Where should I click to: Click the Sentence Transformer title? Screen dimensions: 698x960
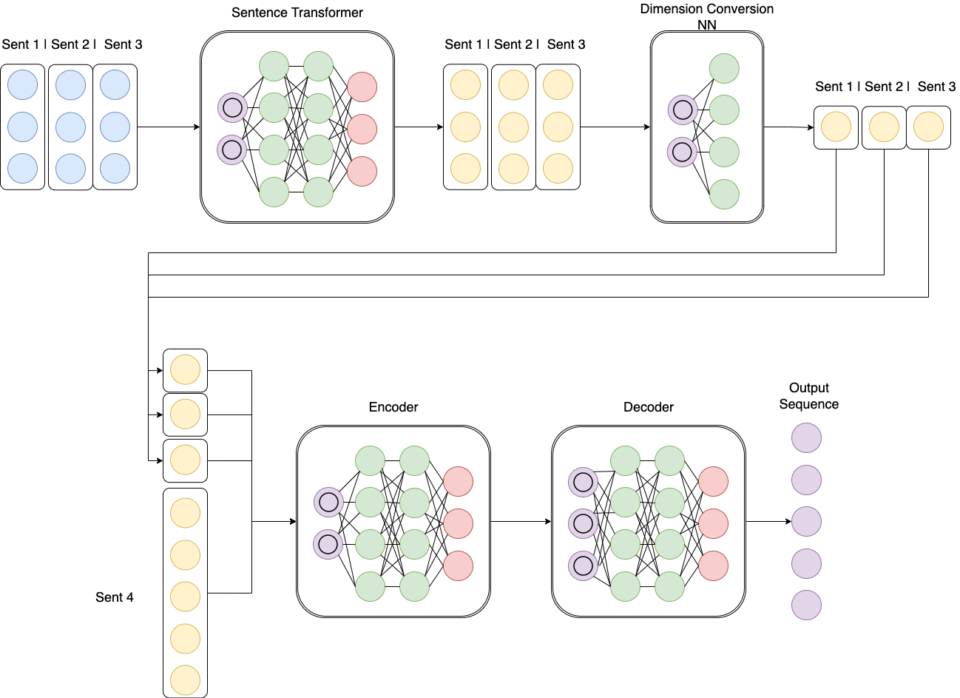tap(297, 13)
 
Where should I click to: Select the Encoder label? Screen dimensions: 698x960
tap(393, 407)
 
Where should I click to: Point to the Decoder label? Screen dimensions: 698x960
tap(649, 407)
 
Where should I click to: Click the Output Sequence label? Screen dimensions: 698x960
tap(809, 396)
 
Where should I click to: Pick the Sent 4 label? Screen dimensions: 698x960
tap(115, 597)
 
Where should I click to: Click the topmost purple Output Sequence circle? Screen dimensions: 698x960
tap(806, 438)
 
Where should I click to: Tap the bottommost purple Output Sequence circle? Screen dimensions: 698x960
tap(806, 605)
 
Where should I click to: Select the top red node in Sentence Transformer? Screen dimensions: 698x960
tap(362, 87)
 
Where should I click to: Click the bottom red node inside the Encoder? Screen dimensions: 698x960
tap(459, 566)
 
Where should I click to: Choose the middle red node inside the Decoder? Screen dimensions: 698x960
tap(714, 523)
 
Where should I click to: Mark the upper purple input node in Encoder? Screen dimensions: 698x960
tap(328, 503)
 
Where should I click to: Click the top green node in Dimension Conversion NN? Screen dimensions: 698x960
tap(724, 68)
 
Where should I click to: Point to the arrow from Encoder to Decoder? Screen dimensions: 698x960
tap(521, 522)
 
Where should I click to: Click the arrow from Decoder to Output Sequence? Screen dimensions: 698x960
tap(768, 522)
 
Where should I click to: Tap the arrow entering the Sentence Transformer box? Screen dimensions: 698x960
tap(169, 127)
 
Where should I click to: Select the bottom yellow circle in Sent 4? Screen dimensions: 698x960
tap(185, 681)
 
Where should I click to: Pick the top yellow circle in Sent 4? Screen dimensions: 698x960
tap(185, 513)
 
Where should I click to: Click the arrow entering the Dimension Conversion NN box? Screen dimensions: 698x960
tap(615, 127)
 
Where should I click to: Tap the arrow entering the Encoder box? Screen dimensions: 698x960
tap(274, 522)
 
